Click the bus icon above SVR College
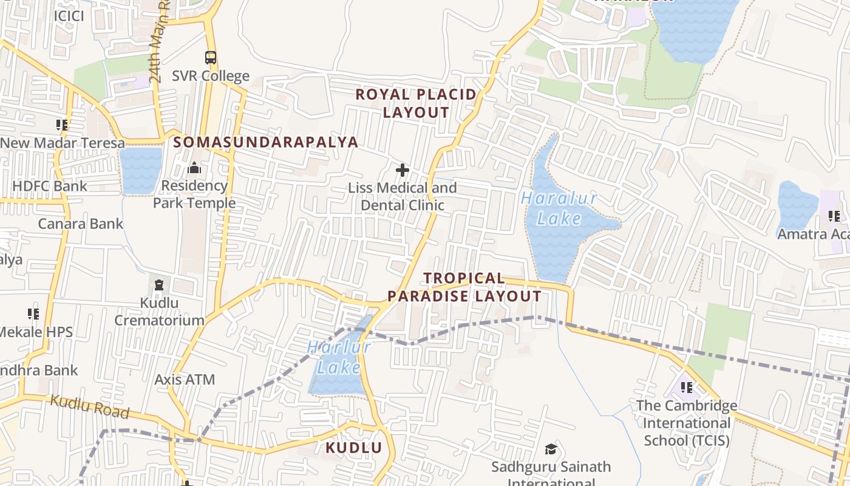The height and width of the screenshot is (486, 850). point(211,58)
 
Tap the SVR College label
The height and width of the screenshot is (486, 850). point(211,76)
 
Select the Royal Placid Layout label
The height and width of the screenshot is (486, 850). point(416,103)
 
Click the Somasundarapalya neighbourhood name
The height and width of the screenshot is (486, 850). point(266,142)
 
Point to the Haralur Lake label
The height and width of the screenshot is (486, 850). point(559,208)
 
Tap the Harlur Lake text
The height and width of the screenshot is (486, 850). point(339,357)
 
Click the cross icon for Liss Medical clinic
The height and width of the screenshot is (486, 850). point(402,170)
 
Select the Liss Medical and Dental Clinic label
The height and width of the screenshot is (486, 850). point(402,196)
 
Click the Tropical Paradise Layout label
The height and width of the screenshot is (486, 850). point(464,287)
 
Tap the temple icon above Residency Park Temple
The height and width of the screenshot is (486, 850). point(194,167)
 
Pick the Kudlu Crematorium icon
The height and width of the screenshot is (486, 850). point(159,284)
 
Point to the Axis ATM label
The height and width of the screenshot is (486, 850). point(185,380)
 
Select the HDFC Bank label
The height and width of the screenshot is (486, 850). point(50,186)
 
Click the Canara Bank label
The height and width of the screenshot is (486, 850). point(81,224)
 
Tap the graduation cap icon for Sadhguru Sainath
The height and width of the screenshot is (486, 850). point(551,449)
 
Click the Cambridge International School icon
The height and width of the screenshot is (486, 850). point(687,387)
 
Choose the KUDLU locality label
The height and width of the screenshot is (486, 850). point(354,448)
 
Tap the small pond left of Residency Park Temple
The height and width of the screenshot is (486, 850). point(141,170)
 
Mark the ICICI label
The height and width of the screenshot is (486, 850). point(69,16)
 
